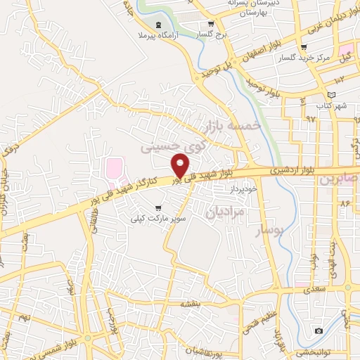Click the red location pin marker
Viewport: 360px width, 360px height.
(x=181, y=165)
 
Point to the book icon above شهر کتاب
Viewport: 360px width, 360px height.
(x=332, y=94)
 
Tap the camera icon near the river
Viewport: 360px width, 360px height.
(x=319, y=330)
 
